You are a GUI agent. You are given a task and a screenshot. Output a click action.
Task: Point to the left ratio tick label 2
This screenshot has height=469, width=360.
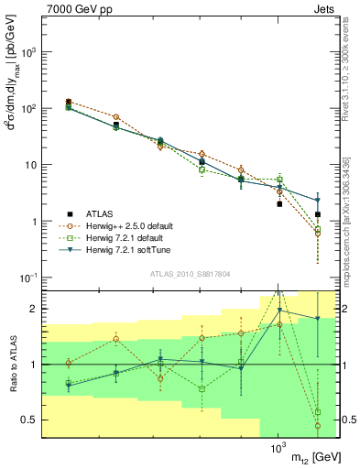pos(34,309)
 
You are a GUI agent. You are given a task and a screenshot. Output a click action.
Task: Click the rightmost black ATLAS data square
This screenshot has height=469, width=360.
pos(318,214)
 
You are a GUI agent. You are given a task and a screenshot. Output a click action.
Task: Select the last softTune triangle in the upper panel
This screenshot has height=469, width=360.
pos(318,200)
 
